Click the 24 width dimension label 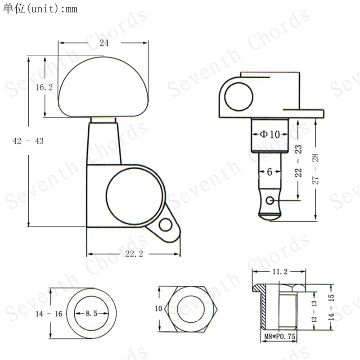click(x=104, y=43)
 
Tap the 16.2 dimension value click(x=44, y=87)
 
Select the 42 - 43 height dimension click(x=28, y=141)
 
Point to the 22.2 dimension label click(x=134, y=254)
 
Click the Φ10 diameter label click(x=270, y=134)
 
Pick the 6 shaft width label click(x=270, y=172)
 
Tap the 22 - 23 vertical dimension click(x=298, y=161)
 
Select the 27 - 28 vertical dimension click(x=315, y=169)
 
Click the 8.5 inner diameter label click(x=91, y=313)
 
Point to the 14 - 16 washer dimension click(x=49, y=314)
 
